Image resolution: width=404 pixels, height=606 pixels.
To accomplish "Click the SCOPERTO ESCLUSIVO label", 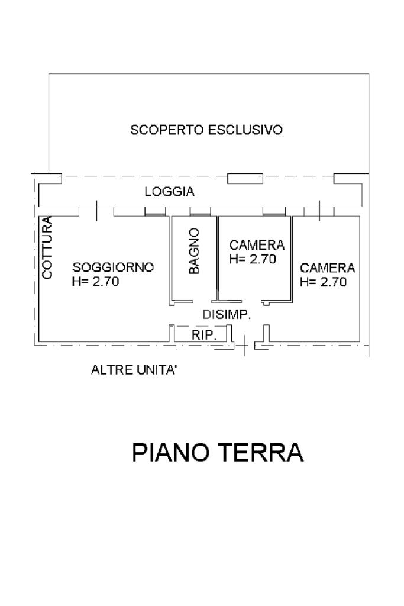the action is pos(206,130).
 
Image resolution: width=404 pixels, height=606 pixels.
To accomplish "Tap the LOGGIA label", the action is pos(170,191).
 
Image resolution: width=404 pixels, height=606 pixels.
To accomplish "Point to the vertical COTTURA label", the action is pos(47,248).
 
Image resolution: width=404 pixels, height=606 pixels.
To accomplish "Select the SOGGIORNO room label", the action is pos(113,267).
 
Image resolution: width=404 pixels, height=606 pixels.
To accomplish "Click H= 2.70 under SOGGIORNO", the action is pos(95,281).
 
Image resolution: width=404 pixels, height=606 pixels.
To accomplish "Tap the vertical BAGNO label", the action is pos(194,251).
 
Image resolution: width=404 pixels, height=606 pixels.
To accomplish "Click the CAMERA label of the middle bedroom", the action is pos(257,244).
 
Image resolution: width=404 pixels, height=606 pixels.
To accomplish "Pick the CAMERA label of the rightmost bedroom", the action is pos(327,267).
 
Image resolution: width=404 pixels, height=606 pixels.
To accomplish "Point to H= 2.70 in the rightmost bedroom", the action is pos(324,282).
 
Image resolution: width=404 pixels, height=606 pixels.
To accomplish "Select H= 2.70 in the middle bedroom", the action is pos(253,259).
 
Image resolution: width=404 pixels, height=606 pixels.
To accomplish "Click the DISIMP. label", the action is pos(227,315).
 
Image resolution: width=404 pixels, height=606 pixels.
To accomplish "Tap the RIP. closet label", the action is pos(204,335).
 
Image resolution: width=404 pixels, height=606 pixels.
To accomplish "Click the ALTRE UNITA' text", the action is pos(134,370).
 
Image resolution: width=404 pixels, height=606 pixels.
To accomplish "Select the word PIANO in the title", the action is pos(170,452).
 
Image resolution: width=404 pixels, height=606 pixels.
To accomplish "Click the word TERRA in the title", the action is pos(261,452).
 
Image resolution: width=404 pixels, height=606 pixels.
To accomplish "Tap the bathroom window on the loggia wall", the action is pos(201,211).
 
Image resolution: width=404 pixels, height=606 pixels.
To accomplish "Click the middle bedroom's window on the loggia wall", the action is pos(274,211).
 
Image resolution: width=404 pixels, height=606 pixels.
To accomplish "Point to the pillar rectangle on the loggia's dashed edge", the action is pos(245,179).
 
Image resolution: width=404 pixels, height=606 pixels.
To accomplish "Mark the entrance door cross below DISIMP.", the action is pos(244,345).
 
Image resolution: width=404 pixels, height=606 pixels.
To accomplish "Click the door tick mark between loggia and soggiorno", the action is pos(96,211).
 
